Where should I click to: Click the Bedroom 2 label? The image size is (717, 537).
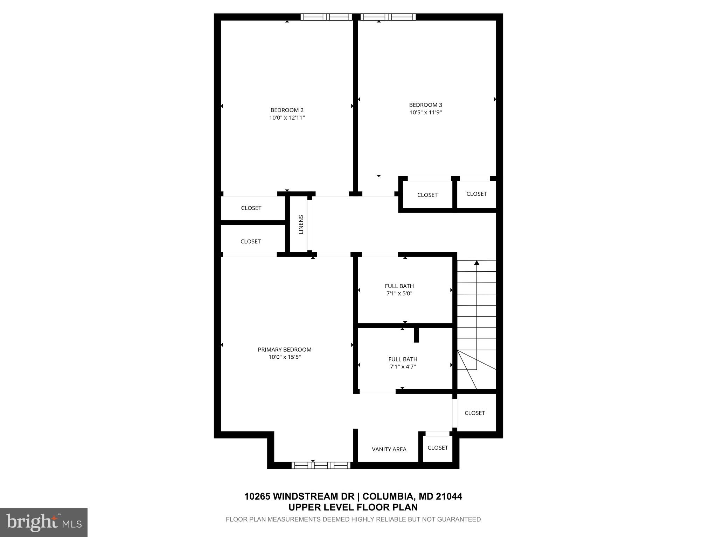pos(287,110)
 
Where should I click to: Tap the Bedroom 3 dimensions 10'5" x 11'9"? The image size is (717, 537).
pos(425,113)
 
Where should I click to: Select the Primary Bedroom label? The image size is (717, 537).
pos(284,350)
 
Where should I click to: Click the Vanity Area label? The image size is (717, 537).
pos(389,449)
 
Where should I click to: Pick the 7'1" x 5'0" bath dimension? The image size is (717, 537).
pos(399,294)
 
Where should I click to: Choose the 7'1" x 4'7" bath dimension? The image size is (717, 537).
pos(403,367)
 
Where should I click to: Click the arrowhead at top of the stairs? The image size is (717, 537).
pos(476,263)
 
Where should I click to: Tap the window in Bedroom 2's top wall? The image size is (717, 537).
pos(326,17)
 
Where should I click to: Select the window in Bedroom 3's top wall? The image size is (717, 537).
pos(388,17)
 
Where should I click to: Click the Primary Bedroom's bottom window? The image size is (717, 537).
pos(321,465)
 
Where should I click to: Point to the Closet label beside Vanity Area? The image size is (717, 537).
pos(438,447)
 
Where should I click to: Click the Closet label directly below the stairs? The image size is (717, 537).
pos(474,413)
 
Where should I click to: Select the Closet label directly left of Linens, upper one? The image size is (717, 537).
pos(251,208)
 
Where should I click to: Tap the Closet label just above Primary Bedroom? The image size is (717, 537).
pos(250,242)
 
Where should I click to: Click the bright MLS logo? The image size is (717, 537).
pos(44,523)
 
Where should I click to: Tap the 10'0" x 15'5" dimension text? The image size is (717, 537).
pos(284,357)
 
